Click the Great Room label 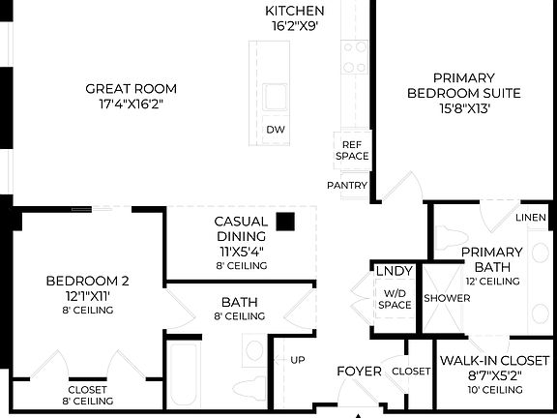tap(131, 88)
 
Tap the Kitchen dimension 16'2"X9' tap(294, 26)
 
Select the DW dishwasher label tap(276, 129)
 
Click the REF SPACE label tap(352, 150)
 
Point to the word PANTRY tap(346, 184)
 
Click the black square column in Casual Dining tap(284, 221)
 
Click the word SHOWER tap(447, 298)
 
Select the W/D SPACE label tap(395, 299)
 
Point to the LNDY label tap(395, 272)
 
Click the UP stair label tap(298, 360)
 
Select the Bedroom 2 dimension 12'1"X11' tap(87, 296)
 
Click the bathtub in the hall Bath tap(184, 377)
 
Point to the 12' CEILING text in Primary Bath tap(492, 281)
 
